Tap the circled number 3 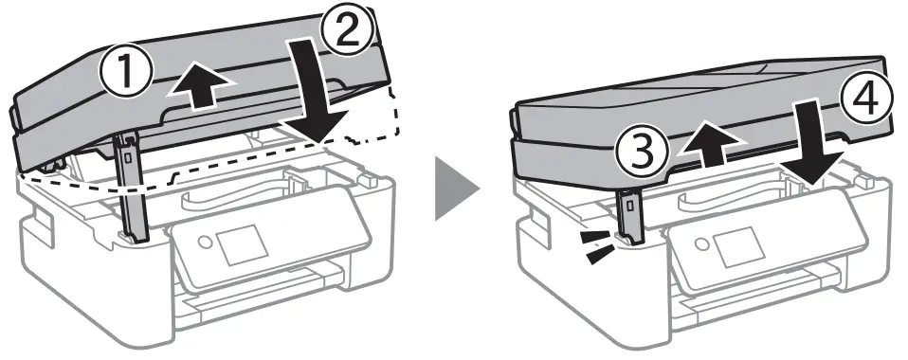(x=637, y=153)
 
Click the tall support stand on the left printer (x=132, y=189)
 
